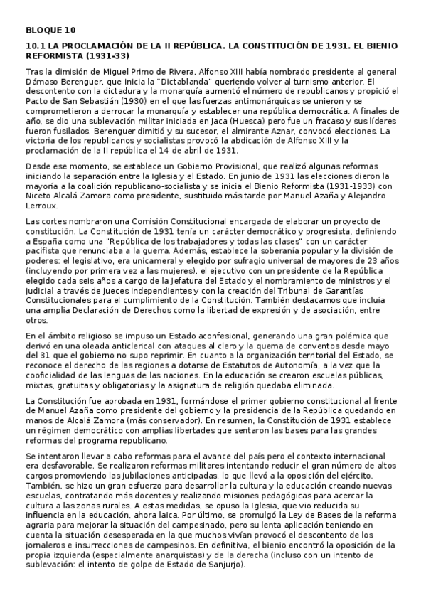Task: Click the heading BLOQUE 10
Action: coord(50,30)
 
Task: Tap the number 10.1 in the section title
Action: coord(35,46)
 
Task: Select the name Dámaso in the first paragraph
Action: coord(43,84)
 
